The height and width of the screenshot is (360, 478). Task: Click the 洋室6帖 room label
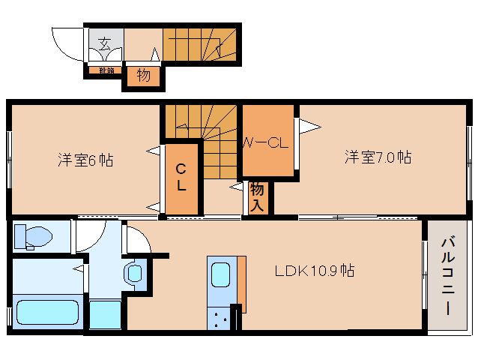[x=85, y=160]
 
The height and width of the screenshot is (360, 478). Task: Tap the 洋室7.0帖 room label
[x=378, y=157]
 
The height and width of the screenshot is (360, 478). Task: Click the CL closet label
[x=182, y=177]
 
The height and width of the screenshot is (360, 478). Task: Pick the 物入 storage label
[x=257, y=196]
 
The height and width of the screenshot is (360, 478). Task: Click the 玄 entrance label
[x=105, y=43]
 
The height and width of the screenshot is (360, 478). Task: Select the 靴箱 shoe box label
[x=106, y=71]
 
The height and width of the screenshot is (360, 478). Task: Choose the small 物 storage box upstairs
[x=143, y=76]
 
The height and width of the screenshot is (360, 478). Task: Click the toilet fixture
[x=34, y=237]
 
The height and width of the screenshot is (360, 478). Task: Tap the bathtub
[x=47, y=313]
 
